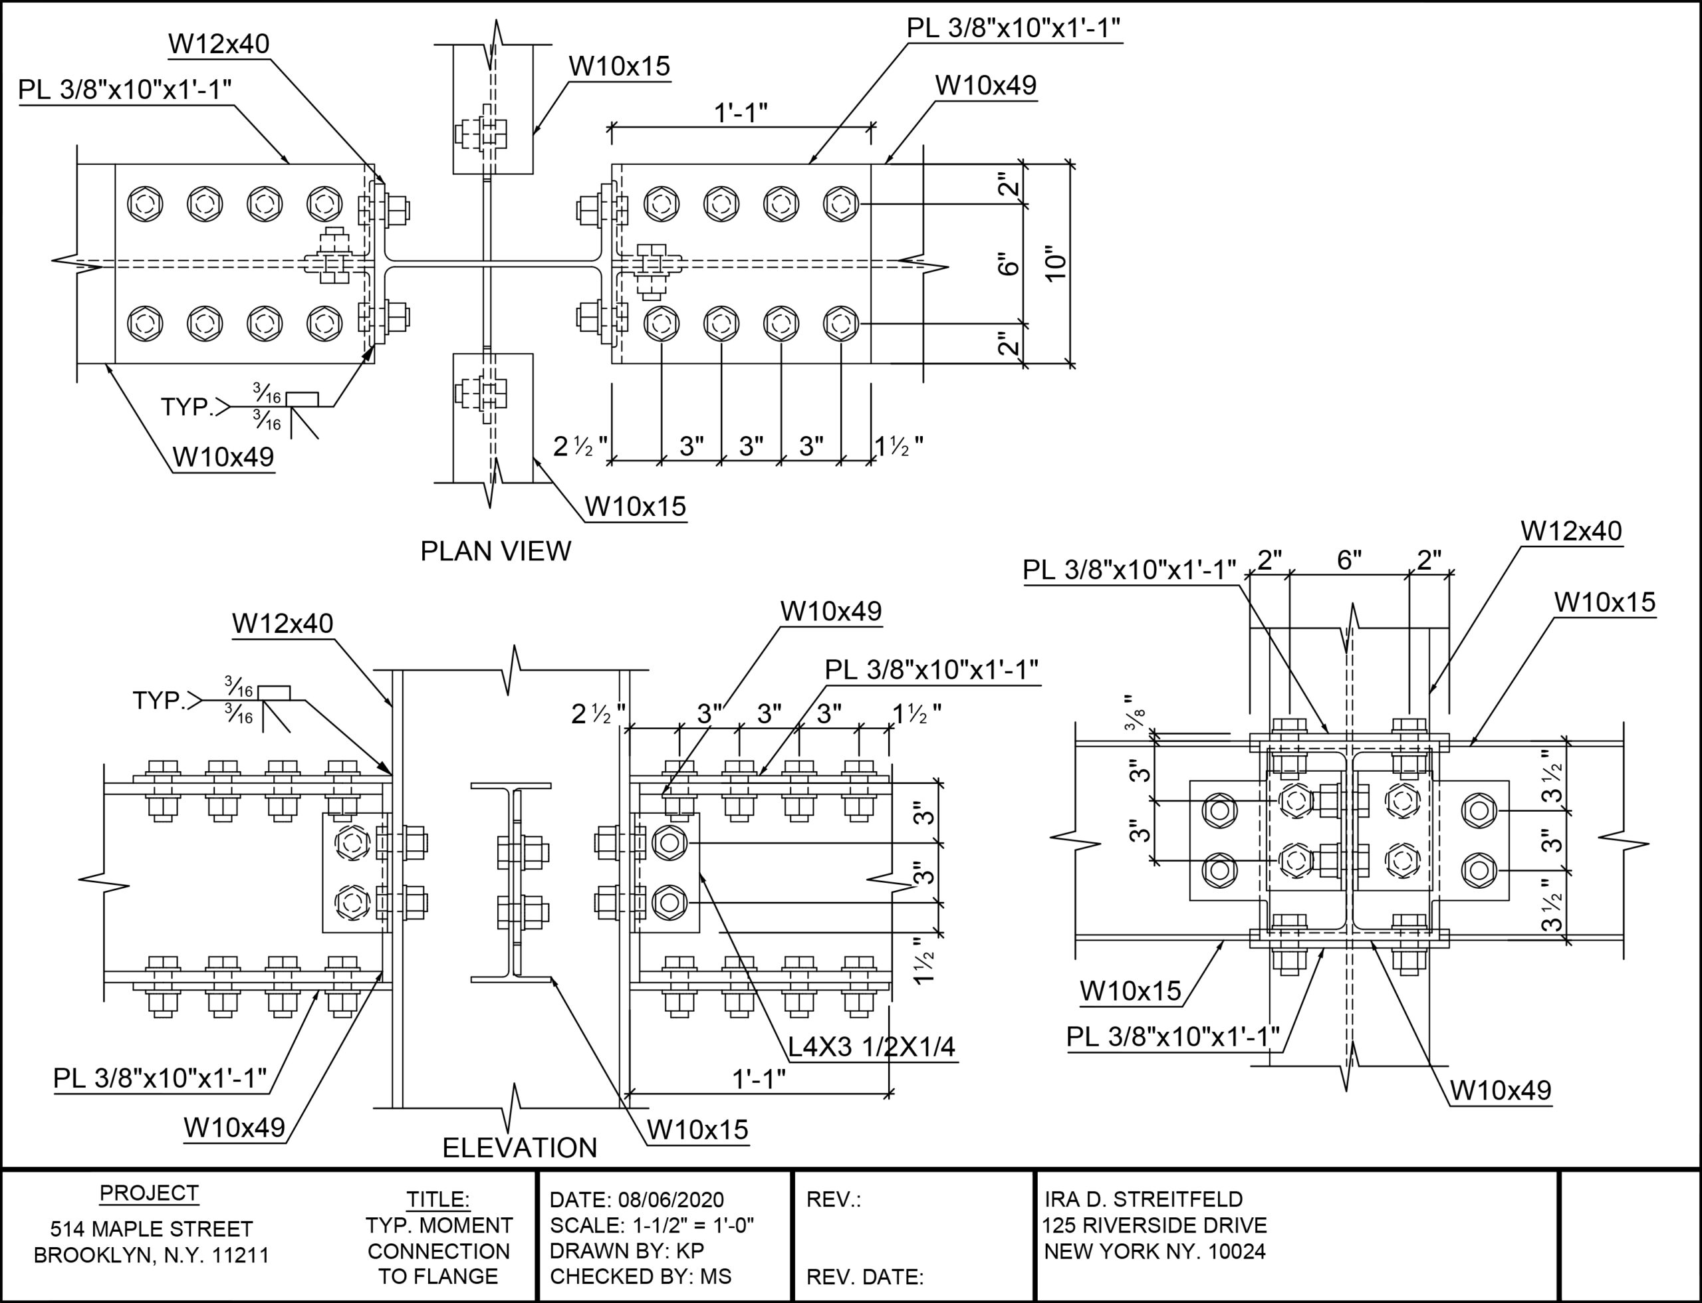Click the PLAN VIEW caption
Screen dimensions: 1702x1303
click(x=496, y=552)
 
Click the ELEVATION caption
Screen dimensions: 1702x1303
click(x=520, y=1148)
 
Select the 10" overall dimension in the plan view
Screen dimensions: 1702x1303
click(x=1056, y=265)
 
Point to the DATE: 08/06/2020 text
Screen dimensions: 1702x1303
click(x=636, y=1200)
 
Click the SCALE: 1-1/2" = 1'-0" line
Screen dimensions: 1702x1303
click(x=652, y=1225)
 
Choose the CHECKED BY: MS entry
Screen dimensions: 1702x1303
click(x=641, y=1276)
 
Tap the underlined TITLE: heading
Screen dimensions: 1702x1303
click(x=438, y=1200)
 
